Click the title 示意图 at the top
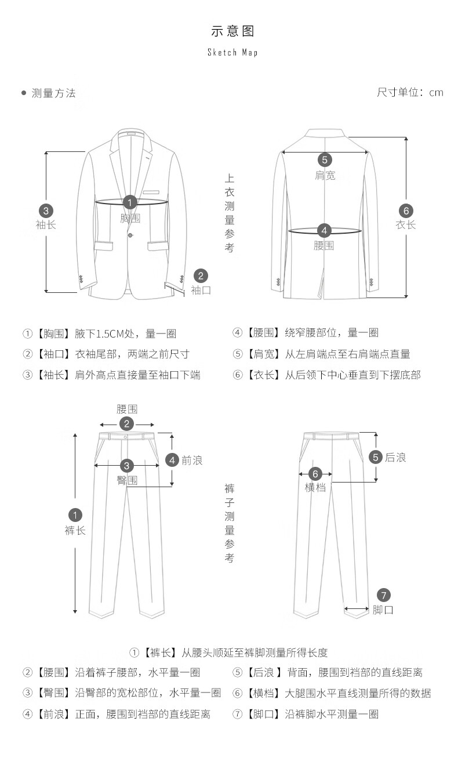[x=232, y=31]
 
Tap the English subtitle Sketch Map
[x=232, y=53]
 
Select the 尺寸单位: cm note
[x=410, y=93]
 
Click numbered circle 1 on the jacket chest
[x=130, y=202]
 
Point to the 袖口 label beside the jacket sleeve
[x=201, y=290]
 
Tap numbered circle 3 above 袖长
[x=46, y=211]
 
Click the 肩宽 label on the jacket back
[x=325, y=175]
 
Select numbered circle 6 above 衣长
[x=406, y=211]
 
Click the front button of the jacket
[x=130, y=235]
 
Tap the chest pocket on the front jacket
[x=152, y=192]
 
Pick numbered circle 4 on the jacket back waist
[x=324, y=230]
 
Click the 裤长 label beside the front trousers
[x=75, y=530]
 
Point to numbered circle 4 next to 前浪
[x=172, y=460]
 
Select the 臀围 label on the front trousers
[x=127, y=480]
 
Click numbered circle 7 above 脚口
[x=384, y=595]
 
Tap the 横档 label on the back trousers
[x=315, y=487]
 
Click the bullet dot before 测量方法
[x=24, y=93]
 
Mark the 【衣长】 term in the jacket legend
[x=264, y=375]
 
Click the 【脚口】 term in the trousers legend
[x=264, y=714]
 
